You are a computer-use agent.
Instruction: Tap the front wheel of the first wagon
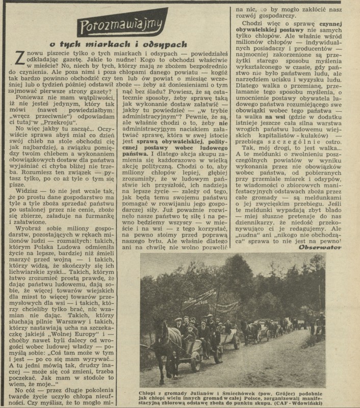[195, 359]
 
